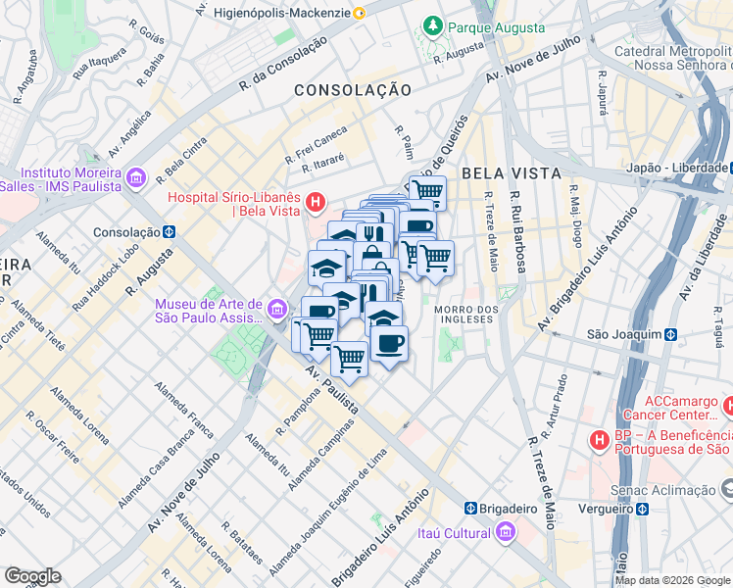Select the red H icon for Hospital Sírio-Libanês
[316, 204]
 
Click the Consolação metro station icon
[170, 232]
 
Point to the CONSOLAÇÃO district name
[353, 89]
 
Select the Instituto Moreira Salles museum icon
[136, 177]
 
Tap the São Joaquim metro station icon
[669, 333]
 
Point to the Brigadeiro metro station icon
[471, 509]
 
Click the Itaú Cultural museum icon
[506, 532]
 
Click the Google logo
[32, 576]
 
